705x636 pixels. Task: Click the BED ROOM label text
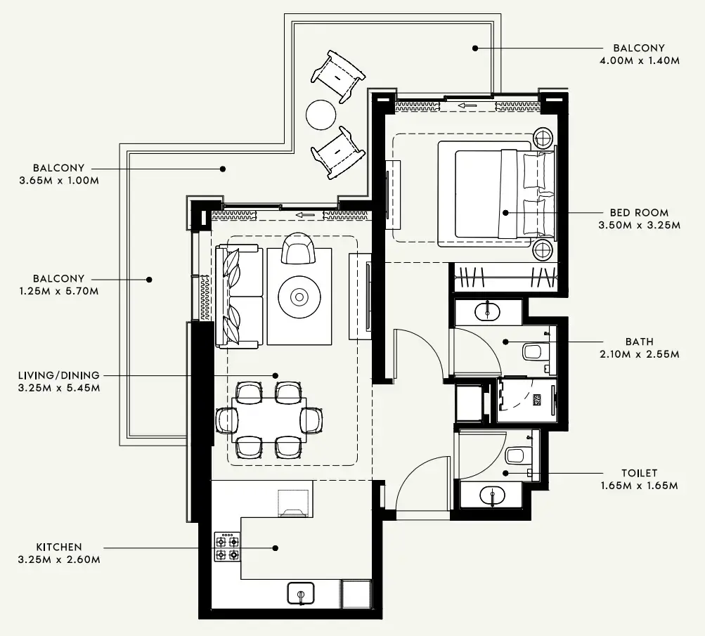[x=638, y=212]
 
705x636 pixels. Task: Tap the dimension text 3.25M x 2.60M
[x=59, y=560]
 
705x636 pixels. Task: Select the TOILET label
[x=638, y=473]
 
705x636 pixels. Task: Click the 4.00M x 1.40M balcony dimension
[x=638, y=60]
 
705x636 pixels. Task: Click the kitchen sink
[x=301, y=594]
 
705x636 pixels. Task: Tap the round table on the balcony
[x=321, y=114]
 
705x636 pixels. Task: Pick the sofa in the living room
[x=239, y=296]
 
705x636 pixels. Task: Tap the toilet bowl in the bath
[x=533, y=351]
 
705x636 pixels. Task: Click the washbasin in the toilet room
[x=492, y=496]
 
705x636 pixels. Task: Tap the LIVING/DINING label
[x=59, y=375]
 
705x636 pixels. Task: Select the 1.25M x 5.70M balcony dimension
[x=59, y=291]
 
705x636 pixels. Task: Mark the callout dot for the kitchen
[x=276, y=547]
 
